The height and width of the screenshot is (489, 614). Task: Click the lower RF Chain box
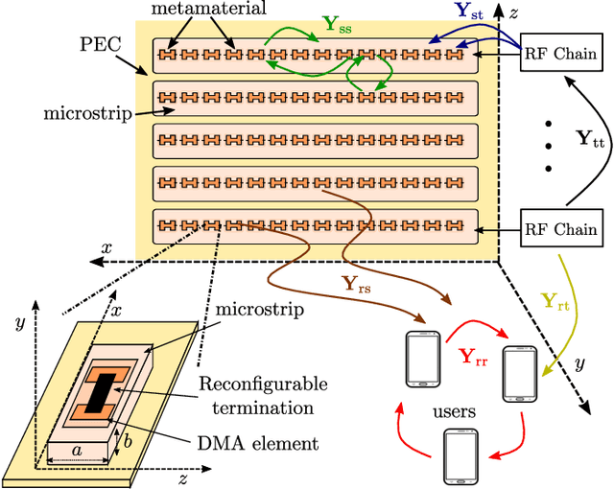click(x=560, y=228)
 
